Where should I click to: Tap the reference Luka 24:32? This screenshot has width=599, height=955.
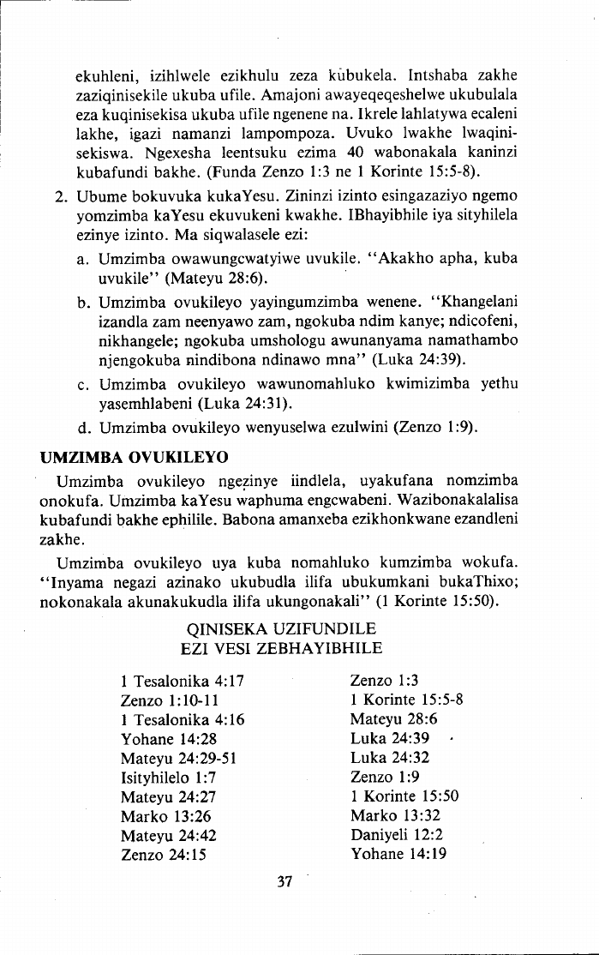(390, 757)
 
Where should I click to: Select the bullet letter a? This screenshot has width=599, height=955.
(83, 258)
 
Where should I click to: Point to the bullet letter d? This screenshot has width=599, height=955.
(83, 427)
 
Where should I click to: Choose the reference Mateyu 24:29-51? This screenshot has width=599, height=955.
(178, 757)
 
